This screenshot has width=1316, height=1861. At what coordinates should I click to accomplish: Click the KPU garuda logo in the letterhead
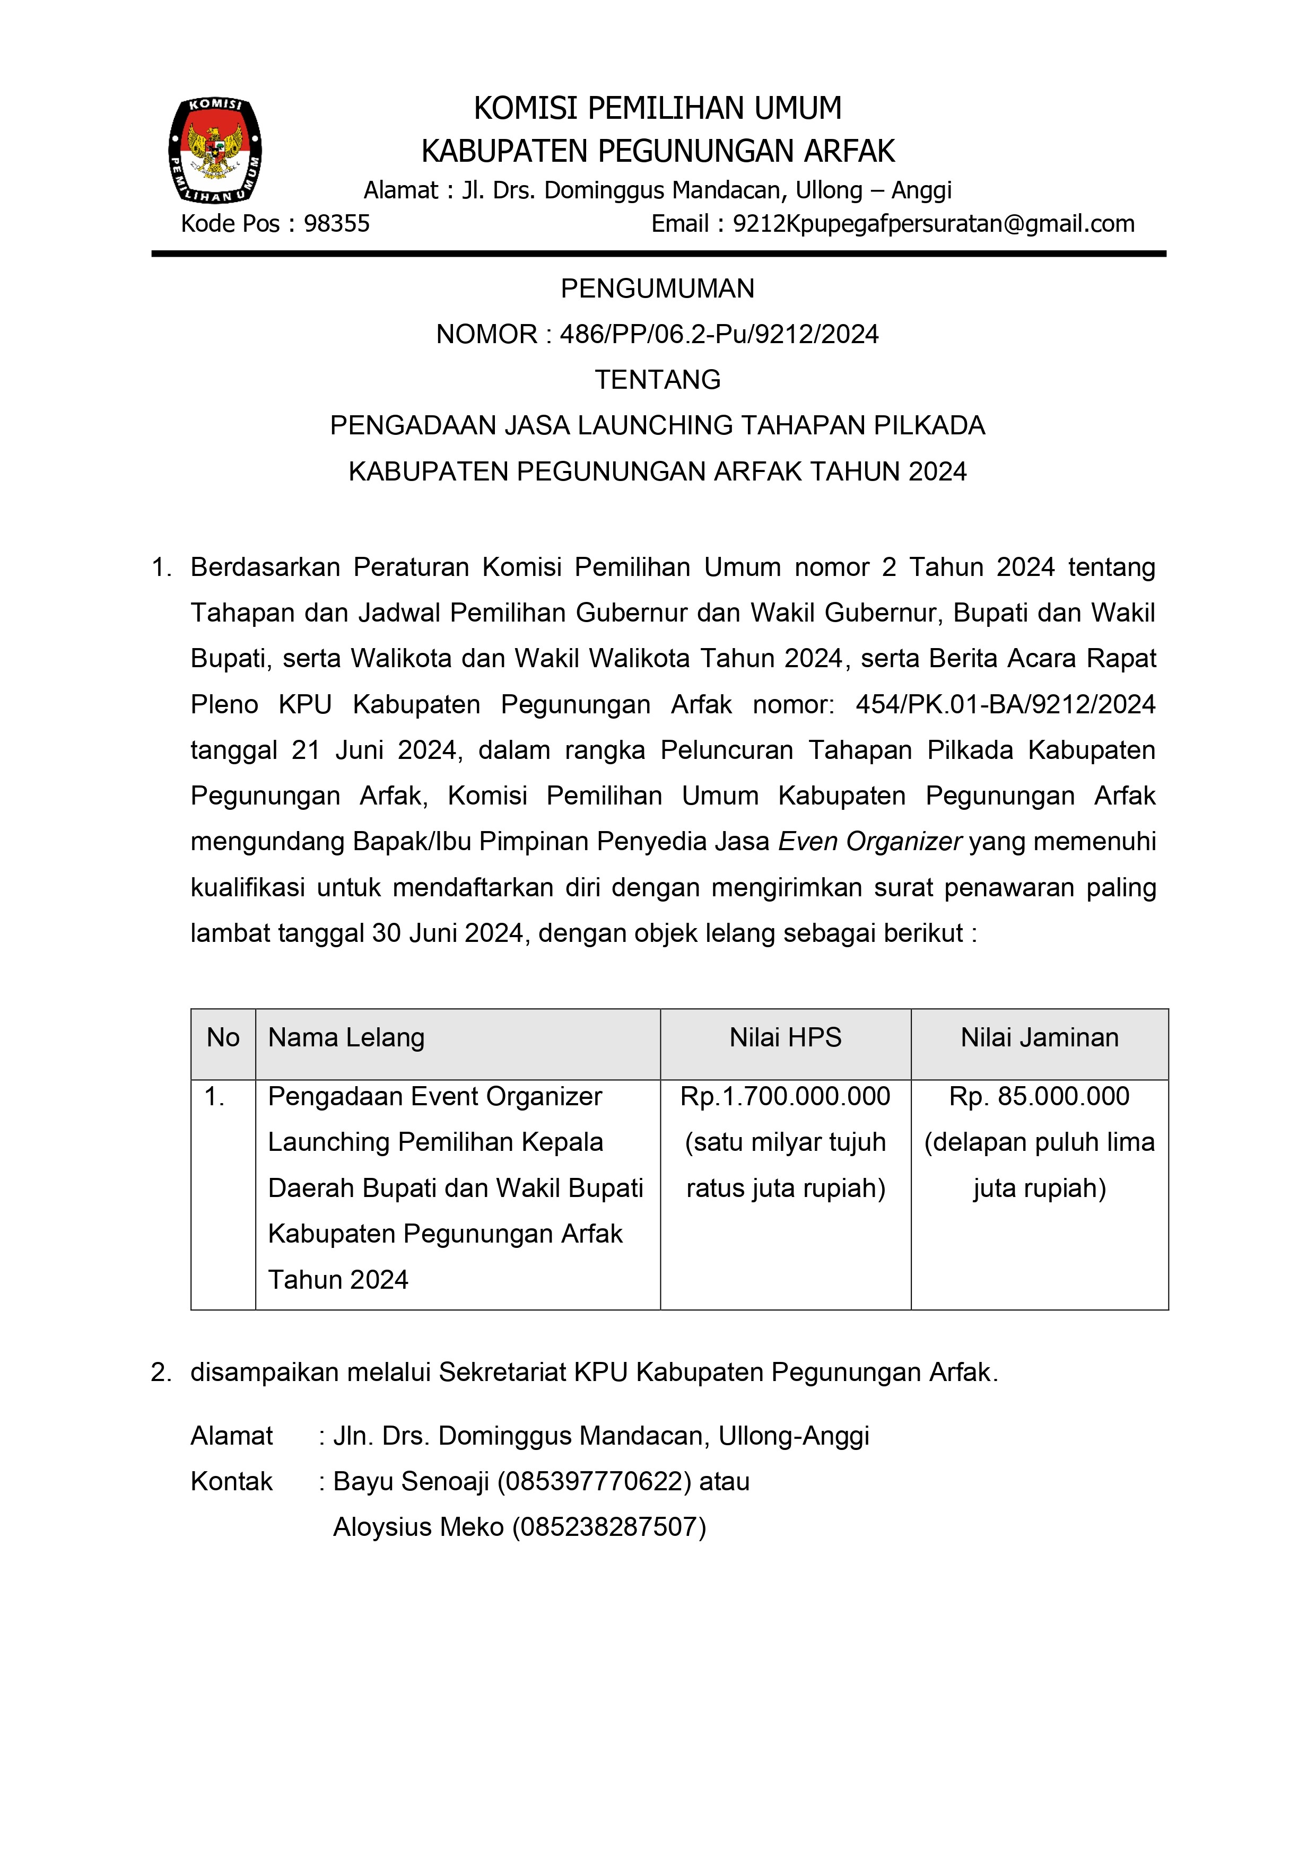(215, 150)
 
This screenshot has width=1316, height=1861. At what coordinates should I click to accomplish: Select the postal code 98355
(336, 224)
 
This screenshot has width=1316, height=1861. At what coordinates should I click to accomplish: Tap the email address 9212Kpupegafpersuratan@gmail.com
(933, 224)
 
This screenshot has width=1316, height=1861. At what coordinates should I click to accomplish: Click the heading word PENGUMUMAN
(658, 289)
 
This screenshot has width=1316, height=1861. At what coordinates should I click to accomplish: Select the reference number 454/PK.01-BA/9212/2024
(1006, 704)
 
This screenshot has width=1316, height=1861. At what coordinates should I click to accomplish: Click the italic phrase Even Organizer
(870, 841)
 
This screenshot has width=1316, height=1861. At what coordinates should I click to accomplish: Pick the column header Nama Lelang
(346, 1037)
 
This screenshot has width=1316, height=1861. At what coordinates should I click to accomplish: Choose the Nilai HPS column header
(786, 1037)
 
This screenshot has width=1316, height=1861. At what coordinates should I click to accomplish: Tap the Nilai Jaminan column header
(1040, 1037)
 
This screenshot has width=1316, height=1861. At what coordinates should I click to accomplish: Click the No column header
(223, 1037)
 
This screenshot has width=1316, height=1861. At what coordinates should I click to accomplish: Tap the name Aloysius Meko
(419, 1527)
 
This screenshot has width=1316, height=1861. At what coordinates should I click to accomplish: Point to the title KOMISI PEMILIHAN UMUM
(658, 108)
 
